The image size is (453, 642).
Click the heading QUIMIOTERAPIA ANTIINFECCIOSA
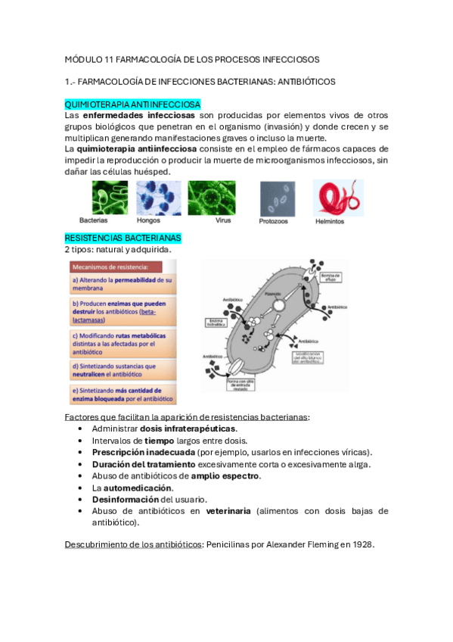coord(132,104)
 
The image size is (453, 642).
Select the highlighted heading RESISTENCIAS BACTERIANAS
coord(123,238)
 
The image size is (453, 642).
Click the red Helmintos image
coord(337,198)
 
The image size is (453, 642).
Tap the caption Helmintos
coord(330,221)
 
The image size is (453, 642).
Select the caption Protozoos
coord(275,221)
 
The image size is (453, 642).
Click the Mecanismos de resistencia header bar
coord(121,266)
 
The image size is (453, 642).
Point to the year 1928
coord(362,544)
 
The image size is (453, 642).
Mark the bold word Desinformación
coord(126,499)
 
